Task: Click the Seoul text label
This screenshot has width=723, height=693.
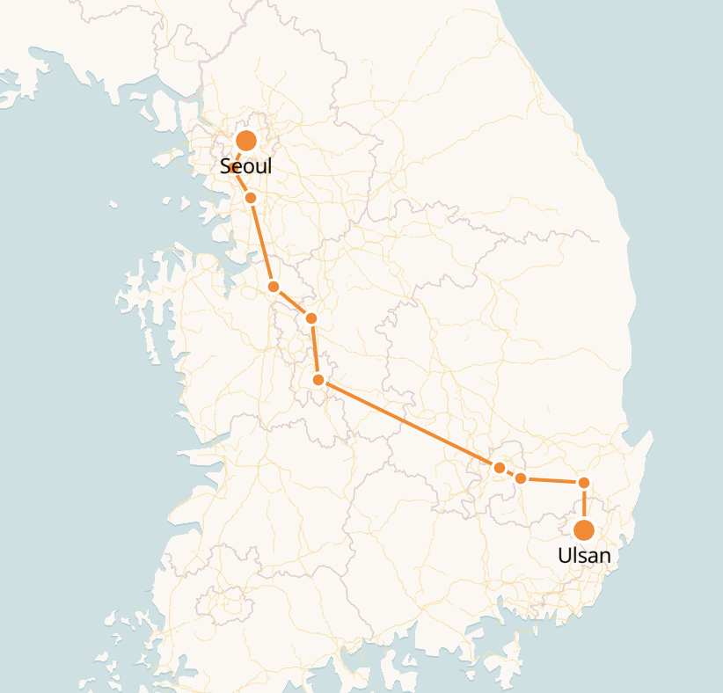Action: pos(245,166)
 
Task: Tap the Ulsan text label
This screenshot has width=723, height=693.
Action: pos(584,556)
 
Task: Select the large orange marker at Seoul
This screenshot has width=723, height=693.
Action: pos(246,141)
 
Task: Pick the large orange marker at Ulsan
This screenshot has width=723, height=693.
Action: pos(584,529)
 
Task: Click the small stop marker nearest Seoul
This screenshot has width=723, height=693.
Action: pos(251,198)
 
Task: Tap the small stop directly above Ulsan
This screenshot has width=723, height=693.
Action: pos(583,482)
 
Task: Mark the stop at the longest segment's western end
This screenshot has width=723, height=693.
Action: pos(319,380)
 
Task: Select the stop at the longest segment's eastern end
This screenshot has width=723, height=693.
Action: pos(500,468)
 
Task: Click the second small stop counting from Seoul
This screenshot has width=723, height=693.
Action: pos(274,287)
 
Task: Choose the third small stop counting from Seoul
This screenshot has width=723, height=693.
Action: pos(310,317)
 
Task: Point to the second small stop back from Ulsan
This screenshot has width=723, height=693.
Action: pos(521,478)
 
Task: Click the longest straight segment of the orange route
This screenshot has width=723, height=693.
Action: pos(409,424)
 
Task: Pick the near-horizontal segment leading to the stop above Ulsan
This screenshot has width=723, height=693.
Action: pos(552,480)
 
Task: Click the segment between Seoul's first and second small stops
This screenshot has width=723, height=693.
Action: pos(262,242)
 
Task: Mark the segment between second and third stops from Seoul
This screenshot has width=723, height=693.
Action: pos(292,302)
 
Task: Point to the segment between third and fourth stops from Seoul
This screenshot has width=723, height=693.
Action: pos(315,348)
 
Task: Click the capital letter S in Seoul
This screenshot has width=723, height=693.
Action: pos(225,166)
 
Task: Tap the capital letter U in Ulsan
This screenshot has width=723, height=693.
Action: pos(565,556)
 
